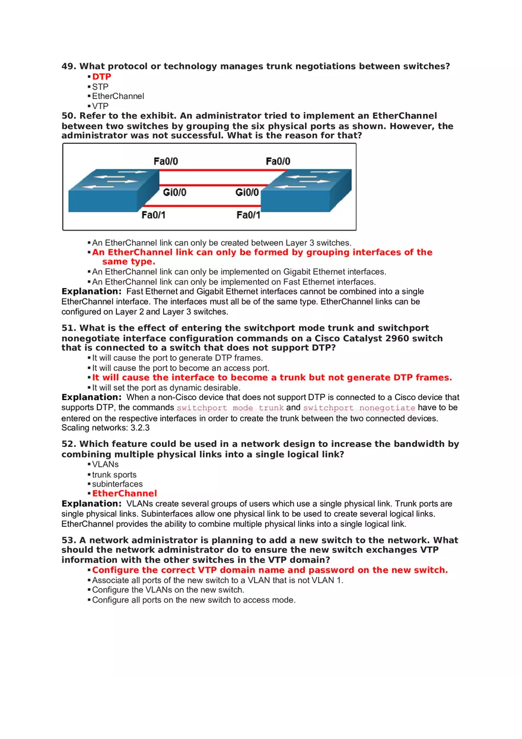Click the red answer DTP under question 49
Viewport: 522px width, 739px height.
click(101, 76)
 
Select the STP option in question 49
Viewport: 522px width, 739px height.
click(100, 87)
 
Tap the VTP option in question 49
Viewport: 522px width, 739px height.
click(100, 106)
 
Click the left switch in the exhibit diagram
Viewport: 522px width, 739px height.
click(113, 190)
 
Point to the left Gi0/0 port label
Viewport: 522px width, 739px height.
click(174, 193)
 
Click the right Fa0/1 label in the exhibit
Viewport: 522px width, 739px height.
click(249, 215)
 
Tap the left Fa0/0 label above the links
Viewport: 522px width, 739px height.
click(165, 161)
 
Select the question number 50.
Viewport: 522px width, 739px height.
click(69, 116)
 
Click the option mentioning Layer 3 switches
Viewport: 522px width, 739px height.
click(221, 242)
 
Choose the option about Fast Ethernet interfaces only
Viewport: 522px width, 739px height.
click(234, 281)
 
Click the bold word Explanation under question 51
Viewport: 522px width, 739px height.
click(91, 398)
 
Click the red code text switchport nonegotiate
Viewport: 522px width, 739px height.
click(359, 408)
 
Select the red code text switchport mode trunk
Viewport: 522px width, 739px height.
click(230, 408)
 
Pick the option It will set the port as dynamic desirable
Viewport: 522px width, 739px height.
click(166, 388)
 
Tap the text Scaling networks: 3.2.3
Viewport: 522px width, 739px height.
click(106, 428)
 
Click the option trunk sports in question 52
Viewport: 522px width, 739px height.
click(114, 475)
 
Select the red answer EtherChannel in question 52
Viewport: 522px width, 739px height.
click(125, 494)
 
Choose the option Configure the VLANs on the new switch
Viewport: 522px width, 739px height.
click(168, 590)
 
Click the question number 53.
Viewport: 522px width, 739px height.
click(69, 540)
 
